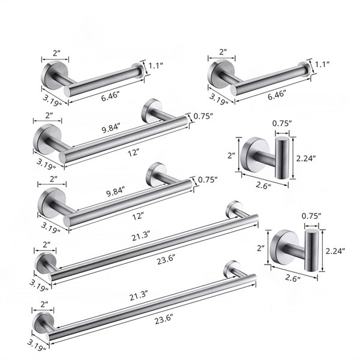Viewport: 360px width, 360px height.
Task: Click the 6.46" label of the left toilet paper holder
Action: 110,97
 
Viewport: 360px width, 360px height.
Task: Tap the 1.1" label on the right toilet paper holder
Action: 322,64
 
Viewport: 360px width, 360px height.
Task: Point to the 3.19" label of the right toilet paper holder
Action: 218,99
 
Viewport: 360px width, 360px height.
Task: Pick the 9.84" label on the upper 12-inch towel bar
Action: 111,128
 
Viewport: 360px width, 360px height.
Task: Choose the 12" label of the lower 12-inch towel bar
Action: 137,216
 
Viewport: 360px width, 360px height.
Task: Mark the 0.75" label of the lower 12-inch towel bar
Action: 208,179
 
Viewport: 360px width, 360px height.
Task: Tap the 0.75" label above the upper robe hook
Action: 282,124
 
